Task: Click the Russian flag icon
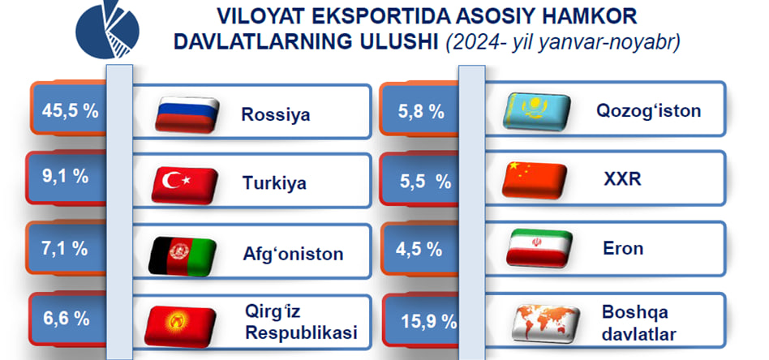pos(187,114)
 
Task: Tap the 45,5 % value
pos(70,111)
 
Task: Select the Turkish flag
pos(184,185)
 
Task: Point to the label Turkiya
pos(274,183)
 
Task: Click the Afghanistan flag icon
pos(183,255)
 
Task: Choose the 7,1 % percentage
pos(65,248)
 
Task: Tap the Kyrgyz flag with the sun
pos(180,326)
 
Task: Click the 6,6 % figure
pos(67,319)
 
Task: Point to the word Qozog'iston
pos(648,111)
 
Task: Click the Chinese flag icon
pos(534,179)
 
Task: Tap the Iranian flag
pos(539,247)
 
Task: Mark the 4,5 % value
pos(419,249)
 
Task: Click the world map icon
pos(545,323)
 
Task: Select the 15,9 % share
pos(429,321)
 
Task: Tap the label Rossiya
pos(276,114)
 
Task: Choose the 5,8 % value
pos(421,113)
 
